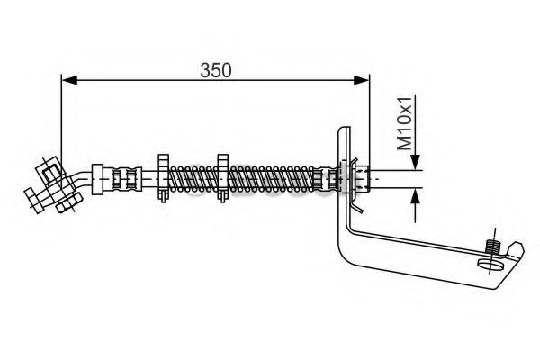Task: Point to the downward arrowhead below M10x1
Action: coord(415,162)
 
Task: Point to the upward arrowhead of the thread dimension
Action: coord(415,195)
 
